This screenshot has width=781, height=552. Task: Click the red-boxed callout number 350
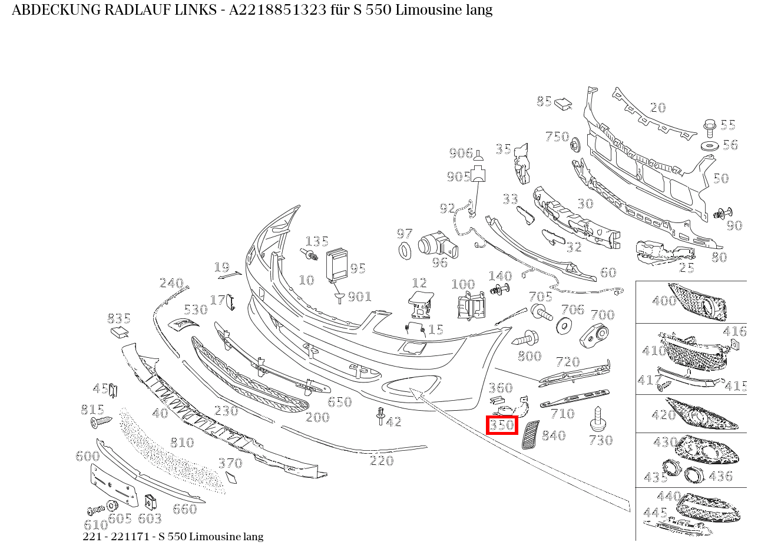pos(502,425)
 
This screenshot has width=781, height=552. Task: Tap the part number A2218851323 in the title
pos(277,10)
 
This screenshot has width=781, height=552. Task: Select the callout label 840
pos(554,435)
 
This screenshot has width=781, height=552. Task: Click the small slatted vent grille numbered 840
pos(530,435)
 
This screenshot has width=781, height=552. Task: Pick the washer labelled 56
pos(710,145)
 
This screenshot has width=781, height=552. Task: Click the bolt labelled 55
pos(710,128)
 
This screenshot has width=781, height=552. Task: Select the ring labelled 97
pos(405,250)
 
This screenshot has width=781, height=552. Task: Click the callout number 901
pos(359,297)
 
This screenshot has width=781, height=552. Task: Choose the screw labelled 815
pos(101,422)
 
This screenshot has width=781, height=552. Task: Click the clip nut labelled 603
pos(150,501)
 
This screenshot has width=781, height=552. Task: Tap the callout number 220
pos(382,461)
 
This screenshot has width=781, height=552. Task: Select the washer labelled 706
pos(564,326)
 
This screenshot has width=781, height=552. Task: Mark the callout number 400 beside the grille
pos(664,300)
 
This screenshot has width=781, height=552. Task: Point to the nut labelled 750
pos(575,145)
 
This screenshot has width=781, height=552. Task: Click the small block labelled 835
pos(120,332)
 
